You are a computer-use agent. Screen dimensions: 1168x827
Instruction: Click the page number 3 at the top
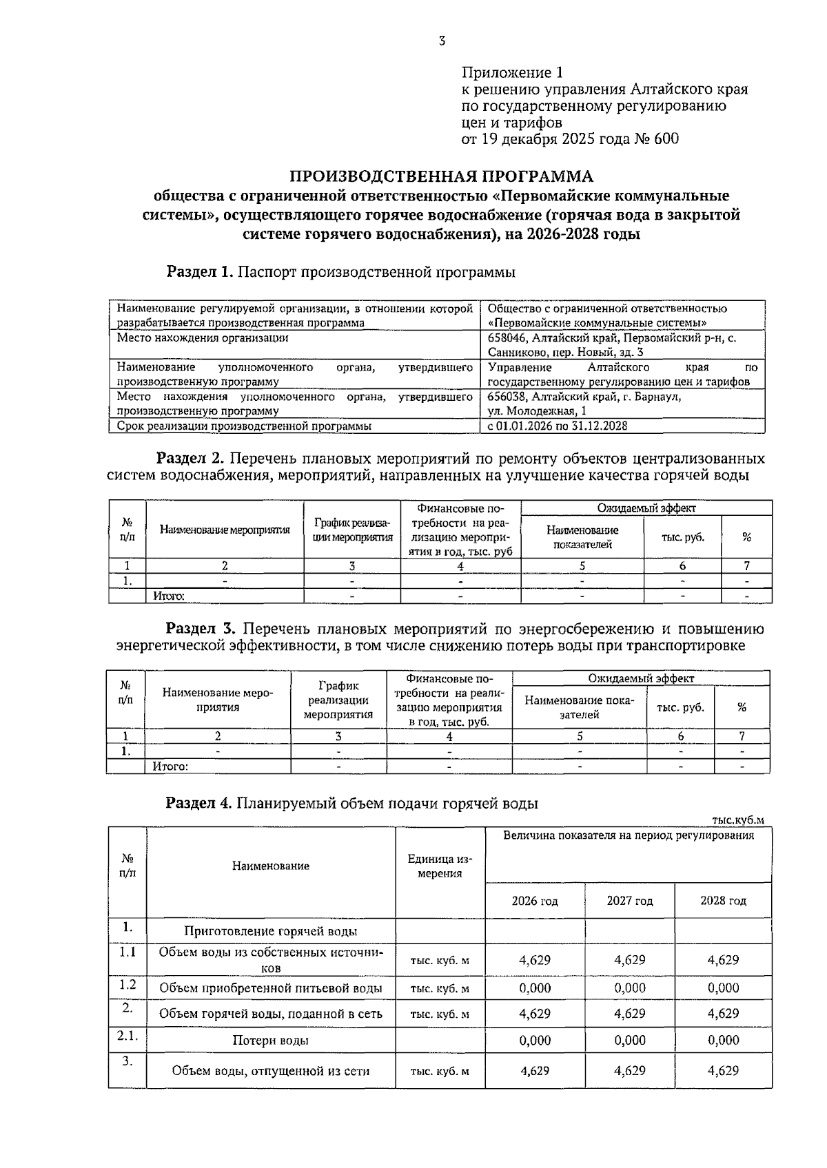[442, 41]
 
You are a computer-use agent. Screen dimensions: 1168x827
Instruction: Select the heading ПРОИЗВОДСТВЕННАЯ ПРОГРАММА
[440, 176]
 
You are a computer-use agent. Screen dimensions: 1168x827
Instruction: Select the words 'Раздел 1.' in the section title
[200, 272]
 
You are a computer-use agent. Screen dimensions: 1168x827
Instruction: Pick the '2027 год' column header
[629, 901]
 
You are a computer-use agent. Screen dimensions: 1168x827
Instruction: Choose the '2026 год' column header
[535, 901]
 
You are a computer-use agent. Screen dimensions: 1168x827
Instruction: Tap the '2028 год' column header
[723, 901]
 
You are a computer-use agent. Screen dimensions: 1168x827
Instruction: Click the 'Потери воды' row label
[270, 1041]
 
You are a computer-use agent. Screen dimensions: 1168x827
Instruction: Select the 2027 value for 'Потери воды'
[629, 1041]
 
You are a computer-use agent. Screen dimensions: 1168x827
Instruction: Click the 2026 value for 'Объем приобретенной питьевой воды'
[535, 988]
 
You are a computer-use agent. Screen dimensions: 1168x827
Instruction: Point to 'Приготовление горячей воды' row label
[270, 932]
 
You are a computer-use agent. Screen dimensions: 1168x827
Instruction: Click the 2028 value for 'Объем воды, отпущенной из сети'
[723, 1071]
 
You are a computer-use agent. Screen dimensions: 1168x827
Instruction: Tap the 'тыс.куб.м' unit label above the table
[737, 820]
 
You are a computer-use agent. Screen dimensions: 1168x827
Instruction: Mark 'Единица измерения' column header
[440, 866]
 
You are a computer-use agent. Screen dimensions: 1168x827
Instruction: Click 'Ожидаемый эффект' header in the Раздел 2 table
[646, 508]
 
